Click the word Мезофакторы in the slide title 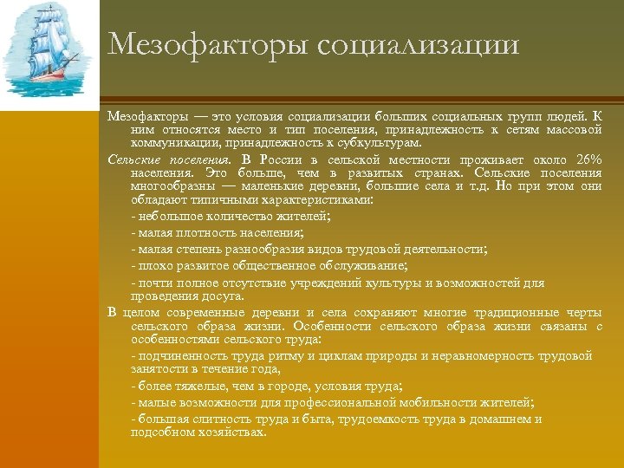click(x=208, y=44)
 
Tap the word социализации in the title click(x=419, y=44)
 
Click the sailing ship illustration click(x=49, y=53)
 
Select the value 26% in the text click(x=588, y=160)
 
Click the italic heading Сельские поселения click(x=170, y=160)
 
